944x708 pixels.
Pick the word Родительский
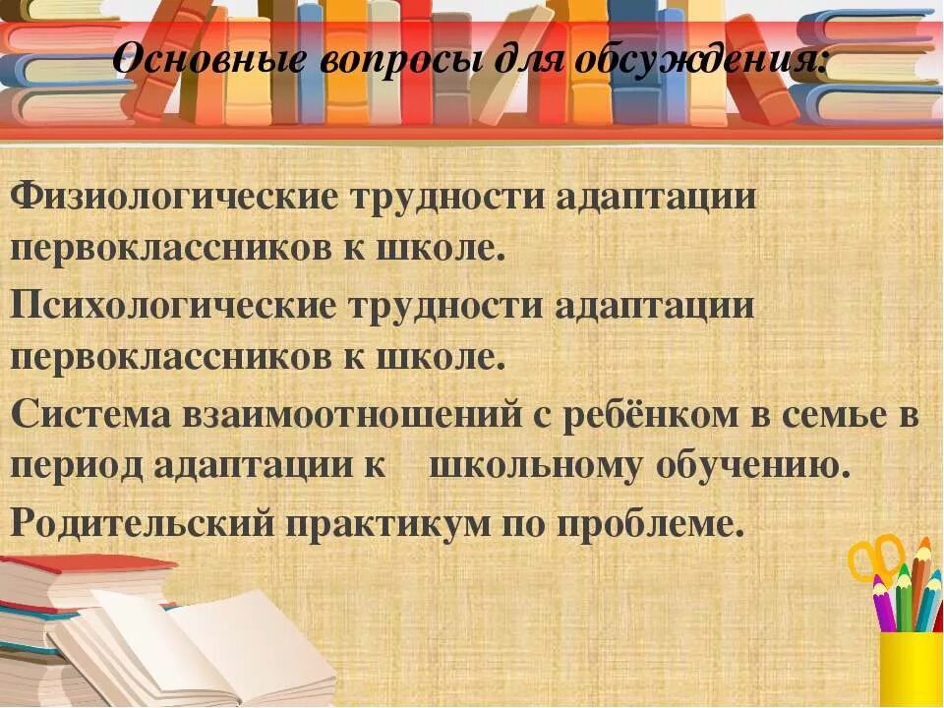141,522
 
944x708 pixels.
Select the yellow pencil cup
910,669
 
